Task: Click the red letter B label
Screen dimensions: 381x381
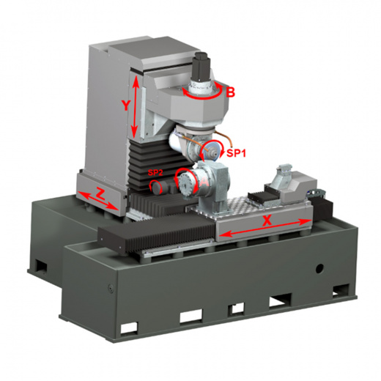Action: pos(230,92)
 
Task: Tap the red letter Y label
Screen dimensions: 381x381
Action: pos(125,106)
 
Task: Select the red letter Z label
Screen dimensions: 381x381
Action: pos(100,193)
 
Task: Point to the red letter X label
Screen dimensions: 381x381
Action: pos(267,221)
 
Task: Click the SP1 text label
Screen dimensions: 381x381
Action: pos(236,153)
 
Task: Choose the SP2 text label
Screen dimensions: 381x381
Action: pos(155,173)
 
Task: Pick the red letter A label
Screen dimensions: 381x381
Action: pos(204,182)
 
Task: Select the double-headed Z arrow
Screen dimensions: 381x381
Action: pos(98,201)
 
